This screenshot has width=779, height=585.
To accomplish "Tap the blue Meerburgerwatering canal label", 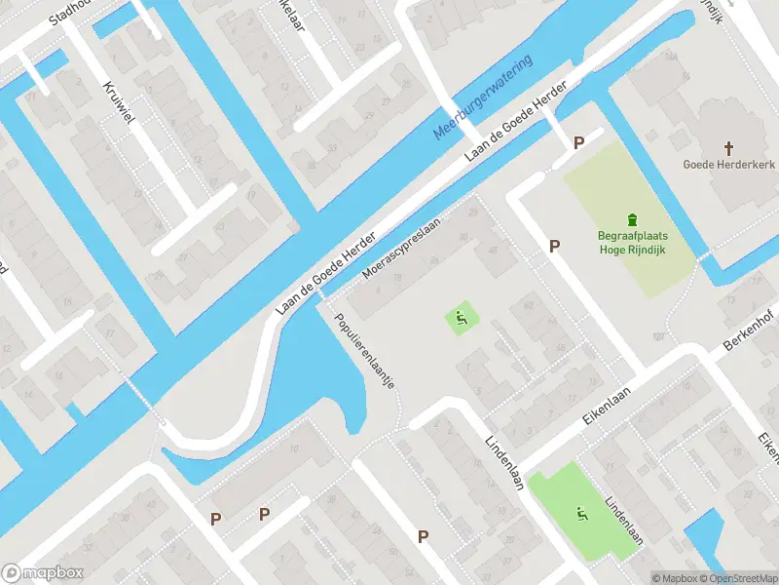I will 483,98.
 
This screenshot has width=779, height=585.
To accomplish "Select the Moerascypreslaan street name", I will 401,248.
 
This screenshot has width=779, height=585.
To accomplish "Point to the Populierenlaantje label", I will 364,352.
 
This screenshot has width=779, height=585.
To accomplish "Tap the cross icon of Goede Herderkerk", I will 727,147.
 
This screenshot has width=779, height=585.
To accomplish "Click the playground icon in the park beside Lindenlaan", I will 582,514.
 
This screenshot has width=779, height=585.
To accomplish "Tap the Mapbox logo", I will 42,572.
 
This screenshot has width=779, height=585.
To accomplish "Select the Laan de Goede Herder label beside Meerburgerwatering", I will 515,122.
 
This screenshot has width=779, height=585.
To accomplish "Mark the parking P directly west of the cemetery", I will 554,246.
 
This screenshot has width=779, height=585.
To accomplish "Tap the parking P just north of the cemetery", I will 578,142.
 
